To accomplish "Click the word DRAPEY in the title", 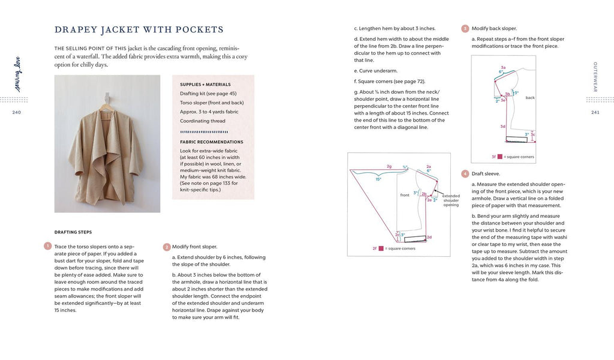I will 79,29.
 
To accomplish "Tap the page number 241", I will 595,112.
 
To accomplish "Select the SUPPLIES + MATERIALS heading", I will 205,85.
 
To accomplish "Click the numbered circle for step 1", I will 47,246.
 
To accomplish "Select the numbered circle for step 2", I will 166,246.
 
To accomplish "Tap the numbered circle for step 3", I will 465,28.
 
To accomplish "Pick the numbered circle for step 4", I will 465,173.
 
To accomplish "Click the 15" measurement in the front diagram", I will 378,179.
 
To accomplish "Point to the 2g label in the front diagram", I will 389,166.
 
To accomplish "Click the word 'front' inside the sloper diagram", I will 405,195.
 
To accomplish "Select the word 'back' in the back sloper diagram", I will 529,97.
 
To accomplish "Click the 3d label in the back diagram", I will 503,127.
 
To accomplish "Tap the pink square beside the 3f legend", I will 499,157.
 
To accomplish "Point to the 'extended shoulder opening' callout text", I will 450,200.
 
